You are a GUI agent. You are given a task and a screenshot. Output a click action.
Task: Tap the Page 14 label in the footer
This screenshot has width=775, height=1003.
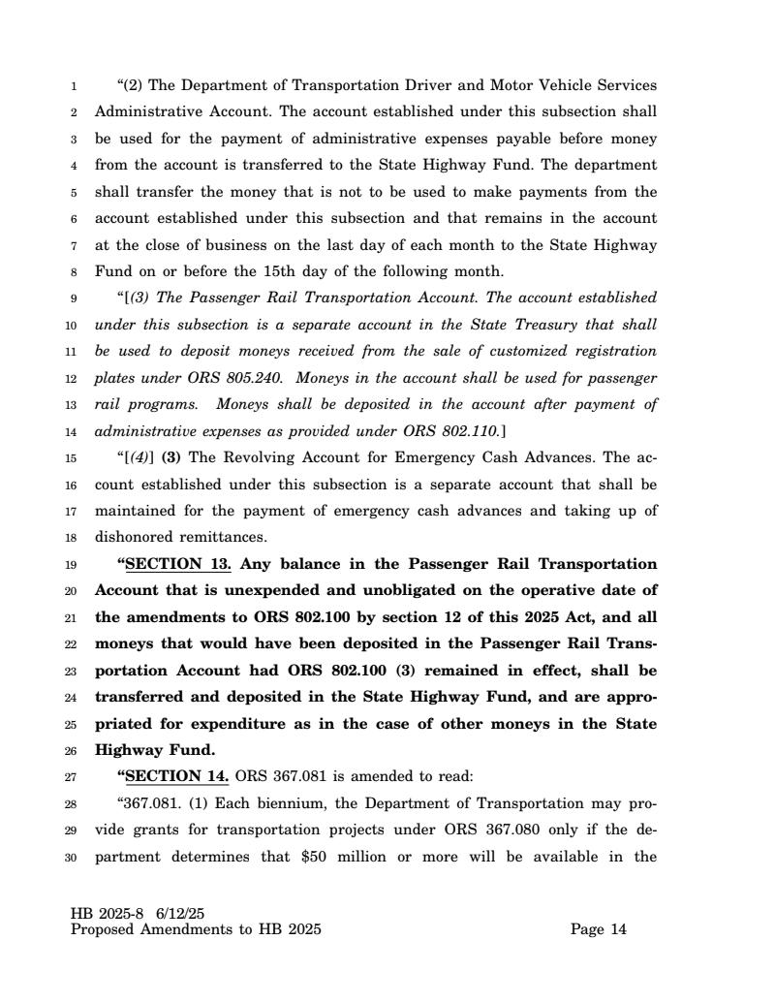coord(599,930)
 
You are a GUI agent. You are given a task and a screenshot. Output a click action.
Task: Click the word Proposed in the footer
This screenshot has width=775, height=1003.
coord(105,930)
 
